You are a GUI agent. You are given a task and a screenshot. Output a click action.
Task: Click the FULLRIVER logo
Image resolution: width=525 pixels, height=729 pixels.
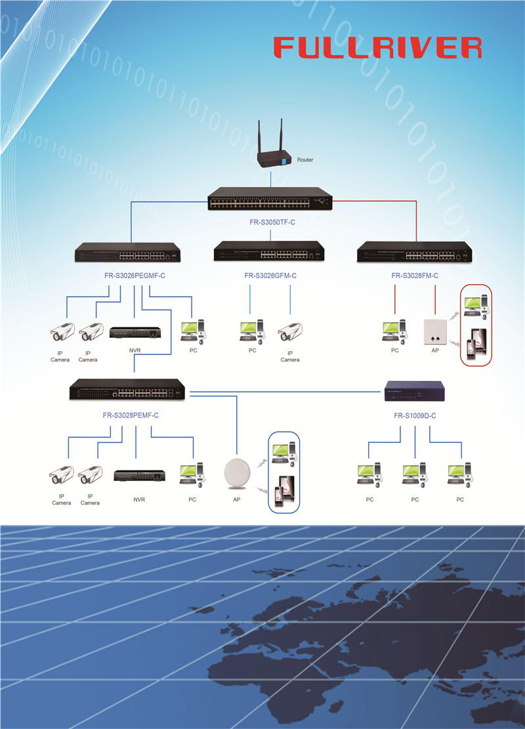377,47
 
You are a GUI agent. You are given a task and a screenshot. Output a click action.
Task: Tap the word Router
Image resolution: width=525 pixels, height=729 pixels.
305,160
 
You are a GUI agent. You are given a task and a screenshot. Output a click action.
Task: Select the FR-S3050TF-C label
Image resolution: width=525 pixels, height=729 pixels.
272,222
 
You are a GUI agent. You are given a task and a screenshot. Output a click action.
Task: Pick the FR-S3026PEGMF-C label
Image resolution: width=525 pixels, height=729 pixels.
135,276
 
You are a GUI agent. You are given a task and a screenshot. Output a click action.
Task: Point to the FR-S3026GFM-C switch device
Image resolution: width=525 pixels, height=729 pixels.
270,253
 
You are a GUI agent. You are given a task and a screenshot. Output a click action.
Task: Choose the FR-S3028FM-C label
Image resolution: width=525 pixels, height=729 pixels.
415,276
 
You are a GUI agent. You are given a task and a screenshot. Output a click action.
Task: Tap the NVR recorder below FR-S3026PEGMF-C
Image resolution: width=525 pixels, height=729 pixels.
135,333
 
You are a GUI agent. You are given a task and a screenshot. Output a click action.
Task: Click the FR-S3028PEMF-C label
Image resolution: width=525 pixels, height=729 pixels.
131,415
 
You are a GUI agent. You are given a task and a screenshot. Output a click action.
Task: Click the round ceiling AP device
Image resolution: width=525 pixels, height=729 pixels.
236,472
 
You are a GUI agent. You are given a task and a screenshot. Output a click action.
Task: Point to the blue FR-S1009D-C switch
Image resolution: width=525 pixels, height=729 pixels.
415,392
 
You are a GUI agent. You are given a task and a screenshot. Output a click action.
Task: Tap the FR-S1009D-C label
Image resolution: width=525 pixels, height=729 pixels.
415,416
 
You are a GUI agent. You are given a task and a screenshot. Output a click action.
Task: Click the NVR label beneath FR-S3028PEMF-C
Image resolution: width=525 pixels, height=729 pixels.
139,500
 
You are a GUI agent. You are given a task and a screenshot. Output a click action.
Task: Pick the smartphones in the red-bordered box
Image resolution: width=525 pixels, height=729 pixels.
477,347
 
